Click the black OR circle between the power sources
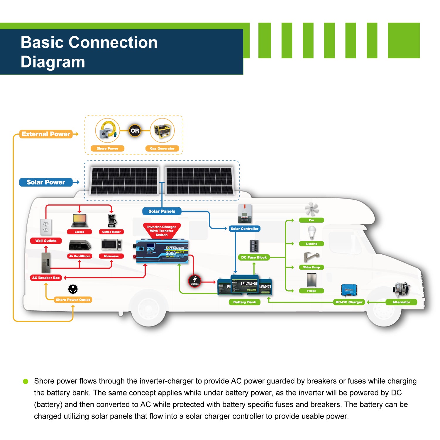pyautogui.click(x=135, y=131)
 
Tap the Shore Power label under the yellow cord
pyautogui.click(x=107, y=148)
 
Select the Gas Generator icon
pyautogui.click(x=162, y=131)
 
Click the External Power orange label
pyautogui.click(x=46, y=134)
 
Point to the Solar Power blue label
pyautogui.click(x=46, y=182)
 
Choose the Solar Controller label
pyautogui.click(x=244, y=229)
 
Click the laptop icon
pyautogui.click(x=79, y=221)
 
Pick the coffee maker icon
pyautogui.click(x=112, y=221)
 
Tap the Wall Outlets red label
pyautogui.click(x=46, y=241)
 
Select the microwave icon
pyautogui.click(x=111, y=245)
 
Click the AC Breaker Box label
pyautogui.click(x=46, y=278)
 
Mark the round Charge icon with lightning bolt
pyautogui.click(x=194, y=281)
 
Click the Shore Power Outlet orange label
pyautogui.click(x=73, y=300)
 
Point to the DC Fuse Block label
pyautogui.click(x=254, y=258)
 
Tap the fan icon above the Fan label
pyautogui.click(x=312, y=209)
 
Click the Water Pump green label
pyautogui.click(x=312, y=267)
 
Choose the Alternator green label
pyautogui.click(x=401, y=302)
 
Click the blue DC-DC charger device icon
pyautogui.click(x=349, y=290)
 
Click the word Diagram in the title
pyautogui.click(x=53, y=62)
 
